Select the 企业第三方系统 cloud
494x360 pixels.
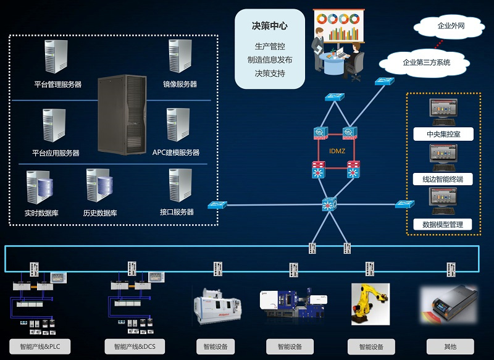coord(426,62)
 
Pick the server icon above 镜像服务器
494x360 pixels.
coord(180,57)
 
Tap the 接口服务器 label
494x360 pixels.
coord(177,212)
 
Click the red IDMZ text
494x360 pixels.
coord(336,151)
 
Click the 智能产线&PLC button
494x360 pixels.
coord(40,346)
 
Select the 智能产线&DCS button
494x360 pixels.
coord(130,346)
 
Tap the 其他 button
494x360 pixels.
coord(450,346)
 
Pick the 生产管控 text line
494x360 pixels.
coord(270,46)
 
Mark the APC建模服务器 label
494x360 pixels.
coord(176,153)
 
